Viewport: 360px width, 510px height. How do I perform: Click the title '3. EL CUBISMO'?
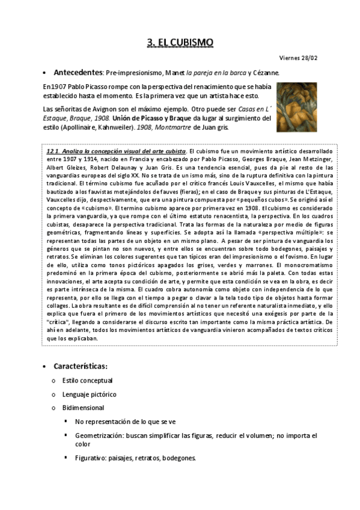(x=180, y=42)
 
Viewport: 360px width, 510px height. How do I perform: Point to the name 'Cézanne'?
(x=263, y=73)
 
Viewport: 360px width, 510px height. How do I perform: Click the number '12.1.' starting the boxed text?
(x=55, y=150)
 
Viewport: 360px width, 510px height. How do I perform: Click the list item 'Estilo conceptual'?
(x=87, y=381)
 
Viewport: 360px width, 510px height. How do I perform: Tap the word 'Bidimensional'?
(x=83, y=408)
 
